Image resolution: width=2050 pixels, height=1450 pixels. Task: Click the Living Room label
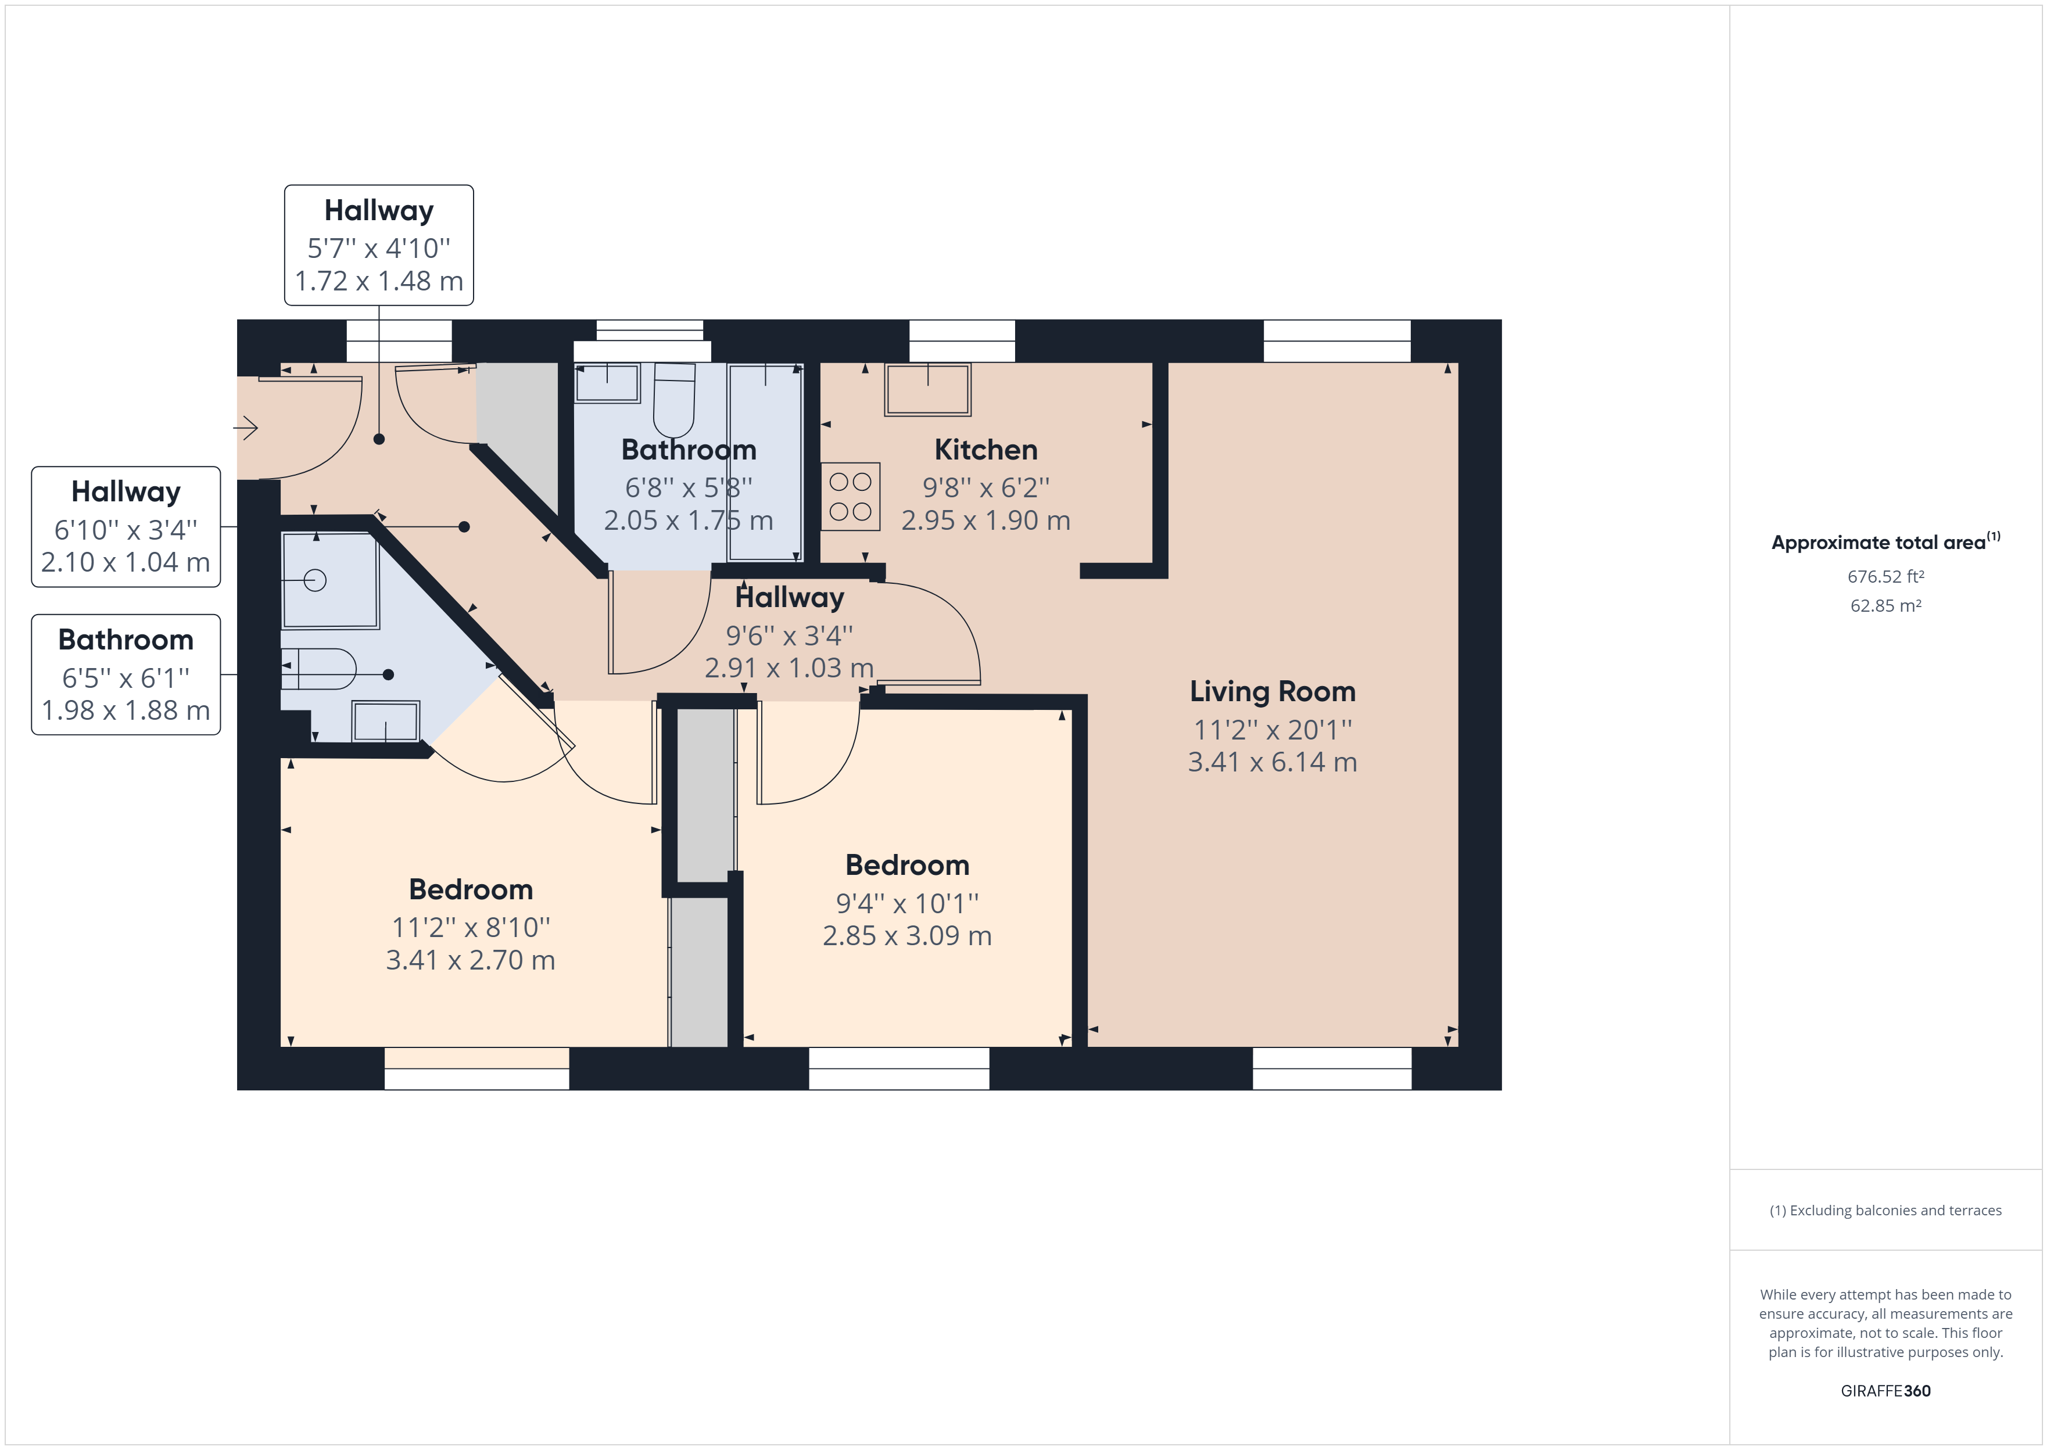click(1273, 691)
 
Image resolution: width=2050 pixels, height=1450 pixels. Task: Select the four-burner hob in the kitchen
click(850, 497)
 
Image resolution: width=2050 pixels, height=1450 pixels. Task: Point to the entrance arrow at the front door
click(246, 429)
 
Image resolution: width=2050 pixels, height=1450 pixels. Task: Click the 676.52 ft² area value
click(1886, 577)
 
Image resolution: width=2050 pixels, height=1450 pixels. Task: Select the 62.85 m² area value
click(1886, 605)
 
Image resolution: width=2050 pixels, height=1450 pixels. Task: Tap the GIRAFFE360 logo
click(1886, 1390)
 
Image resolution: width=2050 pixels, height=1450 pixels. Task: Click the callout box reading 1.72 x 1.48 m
click(379, 246)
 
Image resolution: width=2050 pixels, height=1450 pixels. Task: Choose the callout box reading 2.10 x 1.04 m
click(126, 527)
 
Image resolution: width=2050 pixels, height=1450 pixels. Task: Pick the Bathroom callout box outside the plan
click(126, 675)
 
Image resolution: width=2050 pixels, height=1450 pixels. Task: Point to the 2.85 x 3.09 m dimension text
click(907, 936)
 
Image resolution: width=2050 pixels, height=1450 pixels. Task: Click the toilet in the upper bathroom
click(674, 400)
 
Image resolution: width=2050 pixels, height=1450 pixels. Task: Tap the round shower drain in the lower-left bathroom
click(314, 580)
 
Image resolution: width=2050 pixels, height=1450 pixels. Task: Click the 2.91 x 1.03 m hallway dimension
click(789, 668)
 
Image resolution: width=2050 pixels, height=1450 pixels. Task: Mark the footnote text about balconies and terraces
click(1886, 1211)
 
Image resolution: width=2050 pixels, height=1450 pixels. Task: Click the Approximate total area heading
click(1886, 542)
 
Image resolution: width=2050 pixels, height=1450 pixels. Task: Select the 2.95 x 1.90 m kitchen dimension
click(985, 520)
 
